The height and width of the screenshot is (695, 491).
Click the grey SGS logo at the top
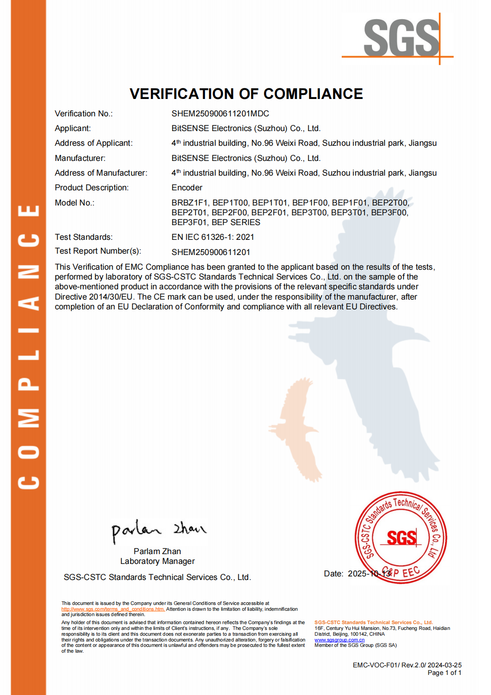coord(401,38)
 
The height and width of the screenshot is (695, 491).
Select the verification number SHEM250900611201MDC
coord(220,114)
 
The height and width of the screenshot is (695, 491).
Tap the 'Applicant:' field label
coord(73,128)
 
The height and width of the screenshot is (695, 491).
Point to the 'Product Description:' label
coord(91,188)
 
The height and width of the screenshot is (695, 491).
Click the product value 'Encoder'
coord(187,188)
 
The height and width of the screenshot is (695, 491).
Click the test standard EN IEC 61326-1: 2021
coord(213,237)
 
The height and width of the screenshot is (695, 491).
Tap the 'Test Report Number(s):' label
coord(98,251)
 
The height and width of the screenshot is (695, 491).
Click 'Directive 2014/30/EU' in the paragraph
coord(94,297)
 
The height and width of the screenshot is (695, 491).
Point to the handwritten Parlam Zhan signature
coord(159,530)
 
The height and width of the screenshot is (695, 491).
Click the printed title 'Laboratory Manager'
coord(157,561)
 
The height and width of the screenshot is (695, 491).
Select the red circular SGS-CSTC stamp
coord(401,538)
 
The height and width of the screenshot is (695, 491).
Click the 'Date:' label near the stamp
coord(333,574)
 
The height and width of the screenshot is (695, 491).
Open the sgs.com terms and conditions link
coord(113,609)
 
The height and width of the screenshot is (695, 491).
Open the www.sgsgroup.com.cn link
coord(339,640)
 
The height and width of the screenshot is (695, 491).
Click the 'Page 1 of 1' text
coord(444,673)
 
